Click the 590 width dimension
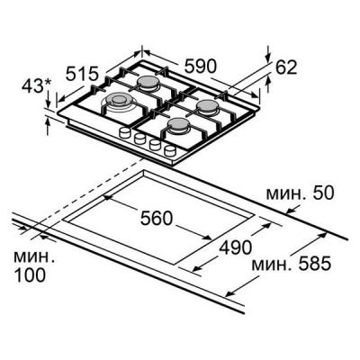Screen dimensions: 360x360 tap(200, 67)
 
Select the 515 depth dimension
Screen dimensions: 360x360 tap(82, 74)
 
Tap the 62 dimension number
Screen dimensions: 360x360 tap(286, 67)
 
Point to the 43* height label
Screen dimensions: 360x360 tap(37, 86)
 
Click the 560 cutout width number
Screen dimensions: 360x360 tap(157, 218)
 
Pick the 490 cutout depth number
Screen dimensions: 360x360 tap(236, 247)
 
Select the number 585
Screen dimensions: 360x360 tap(315, 264)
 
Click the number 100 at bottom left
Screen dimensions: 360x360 tap(30, 274)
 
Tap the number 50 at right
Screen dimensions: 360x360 tap(322, 193)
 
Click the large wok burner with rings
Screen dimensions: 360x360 tap(118, 102)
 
